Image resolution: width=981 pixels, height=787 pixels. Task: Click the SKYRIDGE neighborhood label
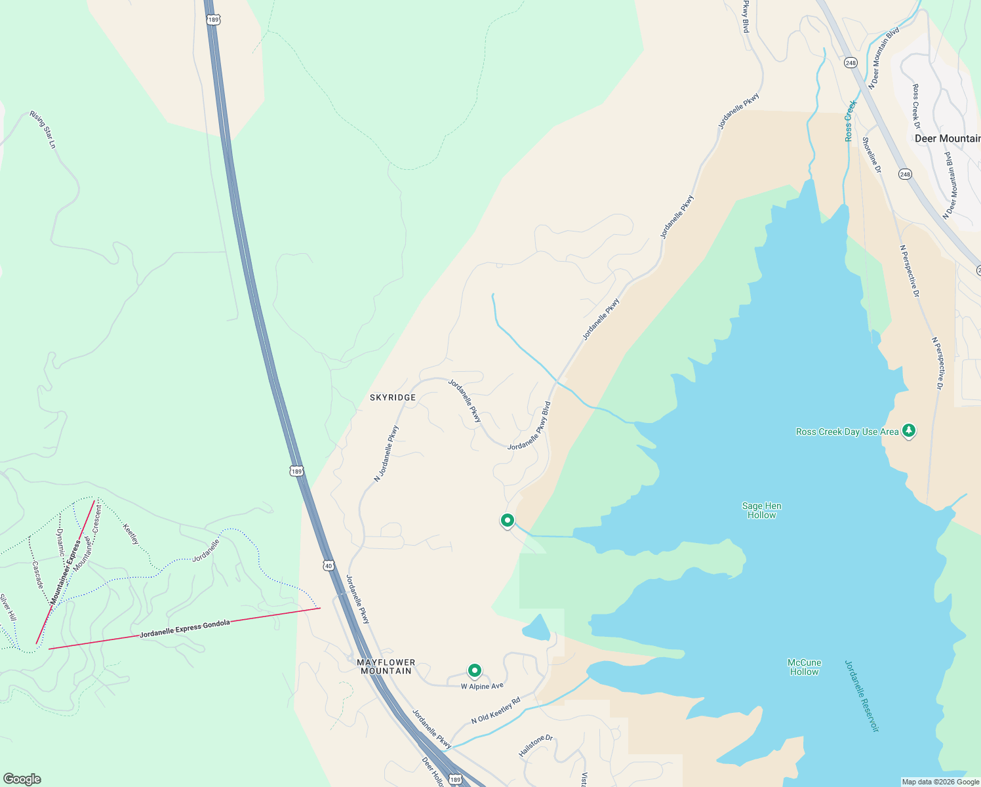tap(392, 397)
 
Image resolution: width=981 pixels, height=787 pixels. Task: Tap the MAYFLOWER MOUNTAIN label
tap(386, 666)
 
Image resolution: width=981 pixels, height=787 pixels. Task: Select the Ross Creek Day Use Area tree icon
tap(908, 431)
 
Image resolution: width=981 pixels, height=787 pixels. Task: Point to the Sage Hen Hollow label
tap(761, 510)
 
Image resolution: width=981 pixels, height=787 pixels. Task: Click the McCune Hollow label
tap(804, 667)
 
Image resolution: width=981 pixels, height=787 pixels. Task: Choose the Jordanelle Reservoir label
tap(862, 695)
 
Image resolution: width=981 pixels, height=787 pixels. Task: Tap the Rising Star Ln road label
tap(43, 129)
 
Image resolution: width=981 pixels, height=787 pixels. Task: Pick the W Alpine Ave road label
tap(482, 686)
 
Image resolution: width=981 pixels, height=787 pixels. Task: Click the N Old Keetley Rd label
tap(495, 710)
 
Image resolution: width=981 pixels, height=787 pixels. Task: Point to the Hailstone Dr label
tap(536, 746)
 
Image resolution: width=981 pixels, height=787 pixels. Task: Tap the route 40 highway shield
tap(329, 565)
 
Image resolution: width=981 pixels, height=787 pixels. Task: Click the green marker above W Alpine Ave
tap(474, 670)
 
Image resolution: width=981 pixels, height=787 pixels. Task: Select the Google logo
tap(22, 779)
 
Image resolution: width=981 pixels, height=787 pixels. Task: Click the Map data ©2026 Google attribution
tap(940, 782)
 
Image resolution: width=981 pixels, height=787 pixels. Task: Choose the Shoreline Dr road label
tap(871, 155)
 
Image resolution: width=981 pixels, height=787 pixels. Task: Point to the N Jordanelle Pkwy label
tap(386, 454)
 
